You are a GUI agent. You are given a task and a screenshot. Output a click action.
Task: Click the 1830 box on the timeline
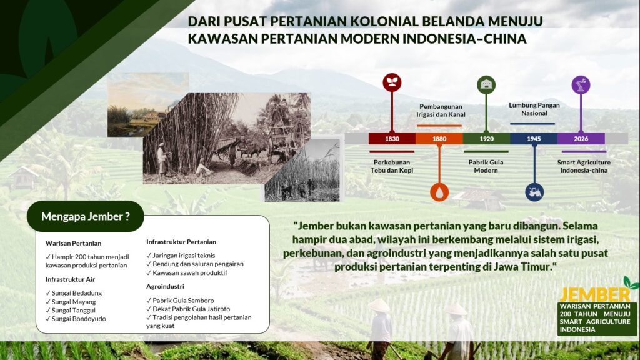click(392, 138)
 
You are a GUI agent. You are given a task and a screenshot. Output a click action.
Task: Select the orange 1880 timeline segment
click(439, 138)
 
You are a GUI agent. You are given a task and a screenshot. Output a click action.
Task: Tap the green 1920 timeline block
click(486, 138)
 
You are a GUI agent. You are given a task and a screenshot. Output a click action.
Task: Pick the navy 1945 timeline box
click(534, 138)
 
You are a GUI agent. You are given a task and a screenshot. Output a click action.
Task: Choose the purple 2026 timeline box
click(581, 138)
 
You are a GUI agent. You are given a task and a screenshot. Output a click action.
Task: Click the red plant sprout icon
click(392, 82)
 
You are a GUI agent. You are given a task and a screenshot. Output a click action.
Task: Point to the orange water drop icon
click(439, 192)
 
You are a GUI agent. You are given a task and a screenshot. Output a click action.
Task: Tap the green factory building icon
click(486, 85)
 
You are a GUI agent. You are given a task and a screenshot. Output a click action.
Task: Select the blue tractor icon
click(534, 192)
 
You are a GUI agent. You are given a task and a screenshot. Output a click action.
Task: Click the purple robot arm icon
click(581, 85)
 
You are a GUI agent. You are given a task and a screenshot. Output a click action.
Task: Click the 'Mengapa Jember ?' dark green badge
click(85, 216)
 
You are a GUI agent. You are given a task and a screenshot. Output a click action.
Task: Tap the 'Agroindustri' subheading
click(165, 286)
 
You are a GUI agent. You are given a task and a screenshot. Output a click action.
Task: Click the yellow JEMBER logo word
click(595, 295)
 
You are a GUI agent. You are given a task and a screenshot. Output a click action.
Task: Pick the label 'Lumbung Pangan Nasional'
click(534, 109)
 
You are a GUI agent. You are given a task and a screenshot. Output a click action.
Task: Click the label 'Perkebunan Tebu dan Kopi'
click(392, 166)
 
